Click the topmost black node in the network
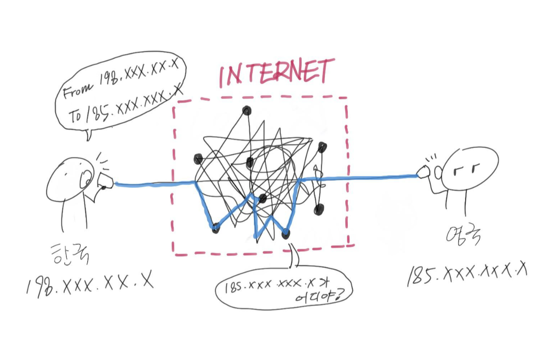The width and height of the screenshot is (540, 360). click(x=246, y=111)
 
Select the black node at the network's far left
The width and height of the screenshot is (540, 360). click(x=198, y=159)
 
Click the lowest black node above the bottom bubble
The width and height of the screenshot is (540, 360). click(x=286, y=233)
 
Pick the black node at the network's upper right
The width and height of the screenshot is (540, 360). click(x=322, y=148)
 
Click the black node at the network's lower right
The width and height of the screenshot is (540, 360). click(x=319, y=209)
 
